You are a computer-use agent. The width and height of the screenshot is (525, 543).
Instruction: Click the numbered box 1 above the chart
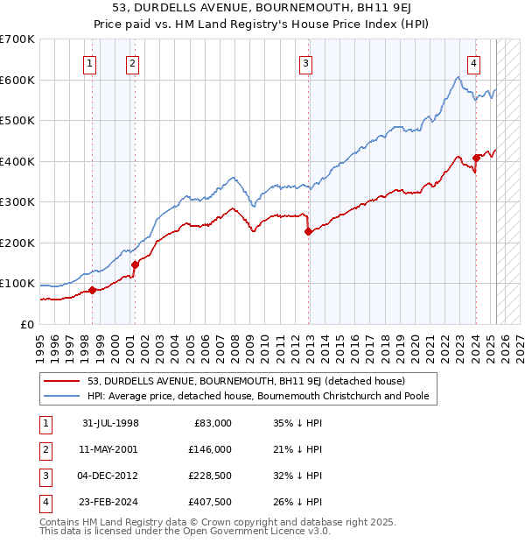point(91,62)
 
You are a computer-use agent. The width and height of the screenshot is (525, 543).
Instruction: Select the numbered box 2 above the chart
point(131,62)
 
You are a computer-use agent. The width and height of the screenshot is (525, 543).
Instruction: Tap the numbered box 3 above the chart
point(305,62)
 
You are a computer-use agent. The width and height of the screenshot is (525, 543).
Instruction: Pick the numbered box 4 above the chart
point(472,62)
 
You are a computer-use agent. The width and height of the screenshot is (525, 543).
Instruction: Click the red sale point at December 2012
point(308,231)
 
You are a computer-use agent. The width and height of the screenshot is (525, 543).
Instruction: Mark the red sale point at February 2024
point(476,159)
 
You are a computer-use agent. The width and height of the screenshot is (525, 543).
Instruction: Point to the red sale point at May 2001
point(135,264)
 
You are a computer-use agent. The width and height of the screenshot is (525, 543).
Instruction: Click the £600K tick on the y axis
point(17,80)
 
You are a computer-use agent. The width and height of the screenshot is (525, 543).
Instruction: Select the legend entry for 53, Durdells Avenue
point(246,381)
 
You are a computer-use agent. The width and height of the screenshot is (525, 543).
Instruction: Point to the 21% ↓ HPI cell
point(297,449)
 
